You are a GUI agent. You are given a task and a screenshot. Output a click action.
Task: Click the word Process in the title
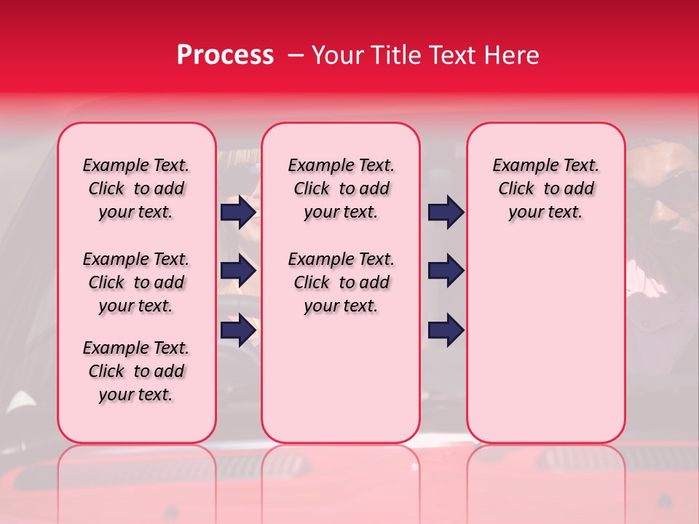(225, 55)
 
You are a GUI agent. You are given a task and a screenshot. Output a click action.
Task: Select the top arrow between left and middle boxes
(238, 213)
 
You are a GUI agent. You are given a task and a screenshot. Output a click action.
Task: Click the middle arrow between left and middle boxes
(238, 271)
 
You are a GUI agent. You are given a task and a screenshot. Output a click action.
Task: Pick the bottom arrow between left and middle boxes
(238, 330)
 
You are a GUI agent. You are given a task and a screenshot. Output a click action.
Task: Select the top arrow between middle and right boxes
(446, 213)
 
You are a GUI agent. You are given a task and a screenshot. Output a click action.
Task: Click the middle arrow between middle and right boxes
(446, 271)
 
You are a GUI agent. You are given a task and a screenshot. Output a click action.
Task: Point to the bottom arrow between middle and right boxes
(446, 330)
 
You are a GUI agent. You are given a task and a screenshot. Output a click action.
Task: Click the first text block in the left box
(136, 188)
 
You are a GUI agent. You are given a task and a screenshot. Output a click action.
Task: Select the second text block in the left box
(136, 282)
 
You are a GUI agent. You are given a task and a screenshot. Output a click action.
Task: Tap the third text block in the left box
(136, 371)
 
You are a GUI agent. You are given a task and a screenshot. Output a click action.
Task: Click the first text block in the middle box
(341, 188)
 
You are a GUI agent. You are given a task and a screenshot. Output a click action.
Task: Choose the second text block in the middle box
(341, 282)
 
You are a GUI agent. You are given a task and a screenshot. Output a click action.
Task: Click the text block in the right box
(545, 188)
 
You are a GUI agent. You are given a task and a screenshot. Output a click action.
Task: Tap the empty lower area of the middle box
(341, 378)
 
